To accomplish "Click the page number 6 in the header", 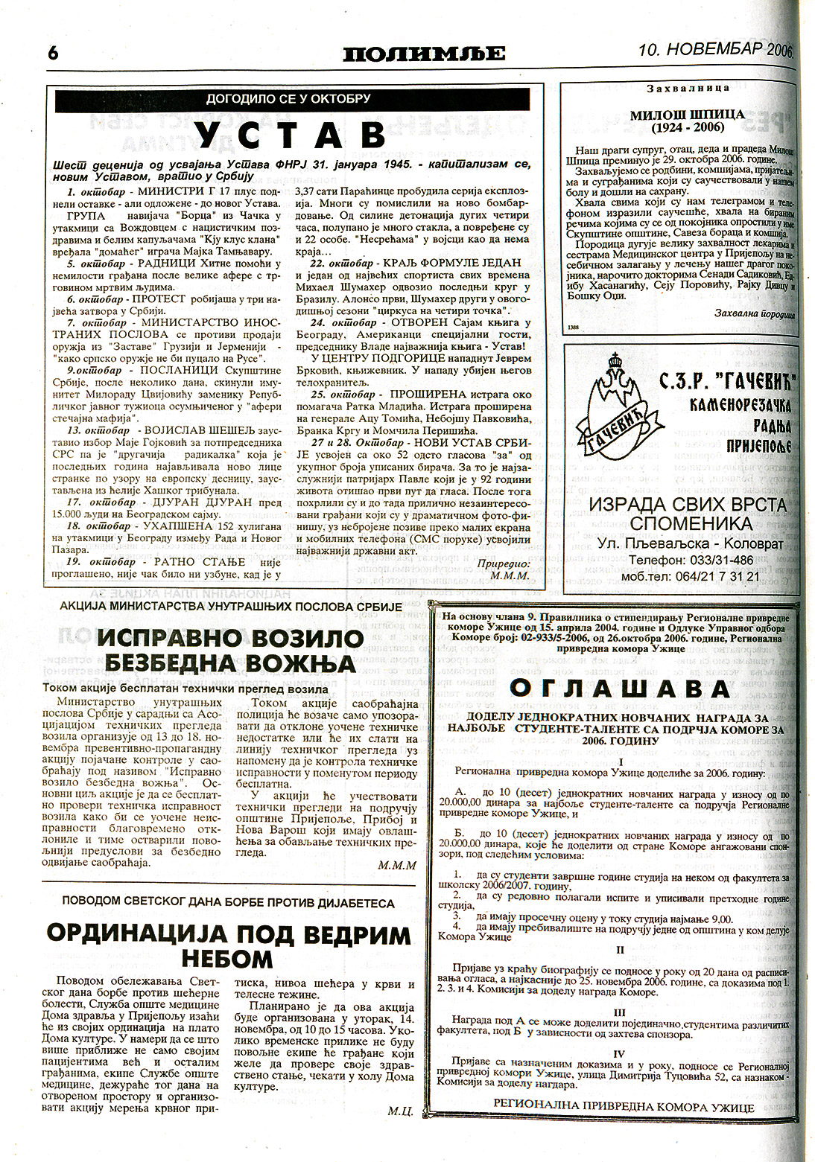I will pyautogui.click(x=54, y=53).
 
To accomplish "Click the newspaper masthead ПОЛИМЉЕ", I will pyautogui.click(x=424, y=54).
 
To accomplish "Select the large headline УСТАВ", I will pyautogui.click(x=296, y=136).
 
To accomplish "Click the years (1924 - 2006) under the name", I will pyautogui.click(x=687, y=129).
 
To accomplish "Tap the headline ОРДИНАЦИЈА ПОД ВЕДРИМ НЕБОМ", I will pyautogui.click(x=229, y=944).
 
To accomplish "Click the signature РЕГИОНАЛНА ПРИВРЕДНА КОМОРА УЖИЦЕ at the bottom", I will pyautogui.click(x=624, y=1107).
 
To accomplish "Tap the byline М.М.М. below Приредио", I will pyautogui.click(x=510, y=575).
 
